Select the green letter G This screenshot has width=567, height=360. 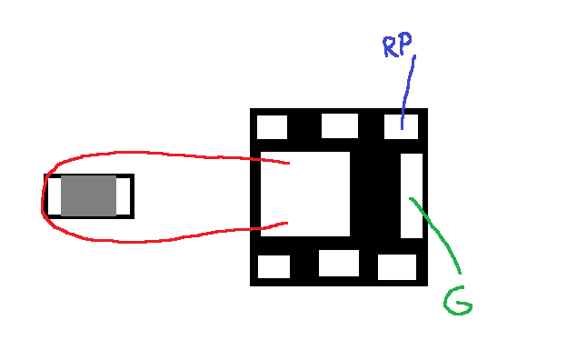coord(457,301)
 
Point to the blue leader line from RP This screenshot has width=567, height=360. coord(407,92)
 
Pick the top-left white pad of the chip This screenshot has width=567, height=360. coord(272,127)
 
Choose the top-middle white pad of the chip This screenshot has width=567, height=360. coord(340,126)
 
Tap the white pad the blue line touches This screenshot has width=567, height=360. coord(401,126)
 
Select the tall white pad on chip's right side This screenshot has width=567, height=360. coord(412,195)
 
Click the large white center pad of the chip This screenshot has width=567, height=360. coord(305,194)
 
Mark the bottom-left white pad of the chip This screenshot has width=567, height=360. coord(274,266)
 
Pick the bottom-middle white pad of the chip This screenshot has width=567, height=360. coord(339,263)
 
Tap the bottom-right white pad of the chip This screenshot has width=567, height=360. coord(397,267)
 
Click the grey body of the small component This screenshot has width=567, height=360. coord(89,195)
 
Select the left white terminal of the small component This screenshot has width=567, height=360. coord(55,195)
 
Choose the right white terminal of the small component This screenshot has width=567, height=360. coord(123,195)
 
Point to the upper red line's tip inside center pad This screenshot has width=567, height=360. coord(289,164)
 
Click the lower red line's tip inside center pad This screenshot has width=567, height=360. coord(287,223)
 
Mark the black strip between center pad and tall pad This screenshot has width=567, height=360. coord(375,195)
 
